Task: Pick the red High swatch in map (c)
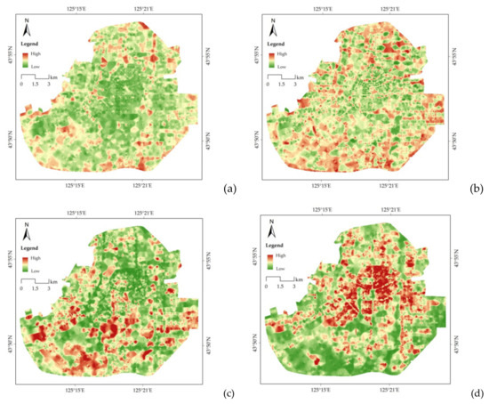pyautogui.click(x=25, y=258)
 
